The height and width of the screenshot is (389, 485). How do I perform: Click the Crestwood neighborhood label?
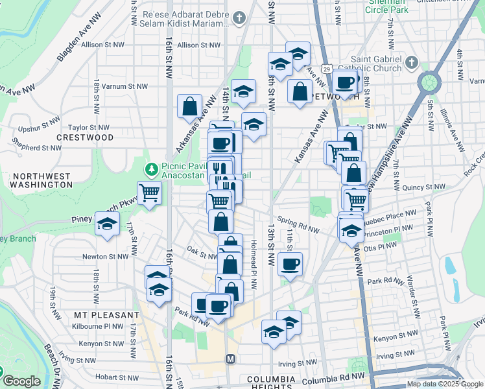point(85,137)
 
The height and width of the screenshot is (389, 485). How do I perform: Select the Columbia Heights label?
point(270,379)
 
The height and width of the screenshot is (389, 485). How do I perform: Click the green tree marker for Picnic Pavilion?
point(152,170)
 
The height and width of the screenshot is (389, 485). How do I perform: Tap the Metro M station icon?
point(230,359)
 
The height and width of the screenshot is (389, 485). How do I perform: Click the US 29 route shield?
point(328,69)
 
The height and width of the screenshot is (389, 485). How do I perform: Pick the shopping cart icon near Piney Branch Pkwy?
point(150,193)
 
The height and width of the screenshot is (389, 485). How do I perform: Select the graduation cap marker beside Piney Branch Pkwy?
point(107,224)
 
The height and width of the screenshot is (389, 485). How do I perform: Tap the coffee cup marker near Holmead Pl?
point(290,263)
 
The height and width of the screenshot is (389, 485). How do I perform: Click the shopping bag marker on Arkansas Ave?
point(189,106)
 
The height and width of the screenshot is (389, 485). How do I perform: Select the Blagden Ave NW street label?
point(78,45)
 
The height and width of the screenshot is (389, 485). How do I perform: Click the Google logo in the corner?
point(21,382)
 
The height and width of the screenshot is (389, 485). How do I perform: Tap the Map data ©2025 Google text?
point(445,384)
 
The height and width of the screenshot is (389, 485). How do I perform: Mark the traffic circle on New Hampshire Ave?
point(430,83)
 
